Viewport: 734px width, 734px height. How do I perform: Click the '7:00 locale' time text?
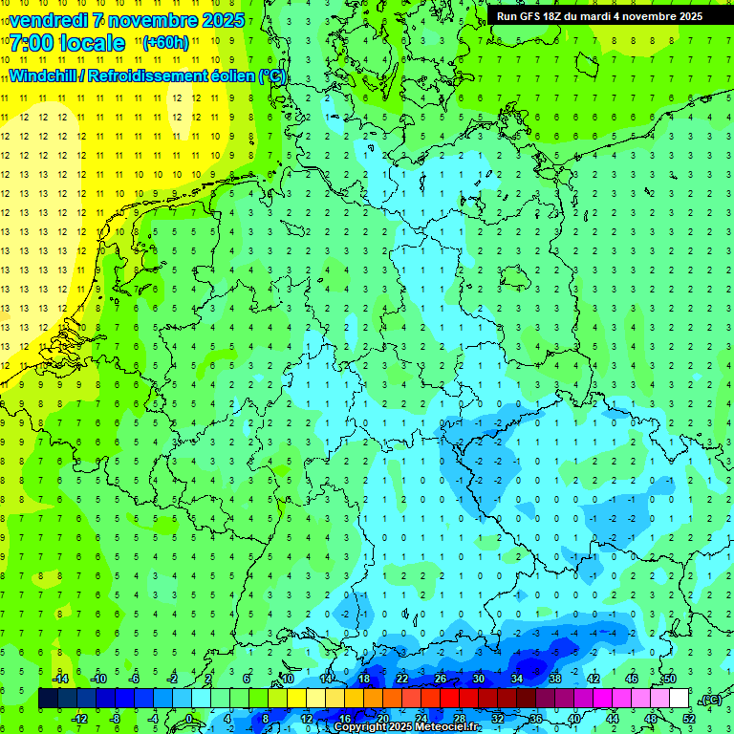(x=66, y=44)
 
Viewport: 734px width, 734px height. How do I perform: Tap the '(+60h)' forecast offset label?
(x=165, y=43)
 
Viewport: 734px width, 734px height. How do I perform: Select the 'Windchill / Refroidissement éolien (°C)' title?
(x=147, y=76)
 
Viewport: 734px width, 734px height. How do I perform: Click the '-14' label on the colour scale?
(x=61, y=679)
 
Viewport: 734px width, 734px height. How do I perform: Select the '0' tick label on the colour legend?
(x=189, y=719)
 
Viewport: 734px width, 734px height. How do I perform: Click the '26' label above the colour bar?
(x=441, y=679)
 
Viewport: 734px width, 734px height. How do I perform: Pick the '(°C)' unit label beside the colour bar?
(x=711, y=701)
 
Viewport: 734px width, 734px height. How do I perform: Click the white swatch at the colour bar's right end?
(x=680, y=699)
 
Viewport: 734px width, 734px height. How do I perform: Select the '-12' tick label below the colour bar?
(x=80, y=719)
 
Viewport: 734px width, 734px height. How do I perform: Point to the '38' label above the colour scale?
(x=555, y=679)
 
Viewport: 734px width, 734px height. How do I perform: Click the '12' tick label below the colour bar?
(x=307, y=719)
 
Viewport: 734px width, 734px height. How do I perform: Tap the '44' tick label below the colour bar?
(x=613, y=719)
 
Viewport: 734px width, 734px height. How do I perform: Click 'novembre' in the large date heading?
(x=157, y=20)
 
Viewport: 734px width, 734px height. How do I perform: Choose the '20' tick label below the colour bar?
(x=383, y=719)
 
